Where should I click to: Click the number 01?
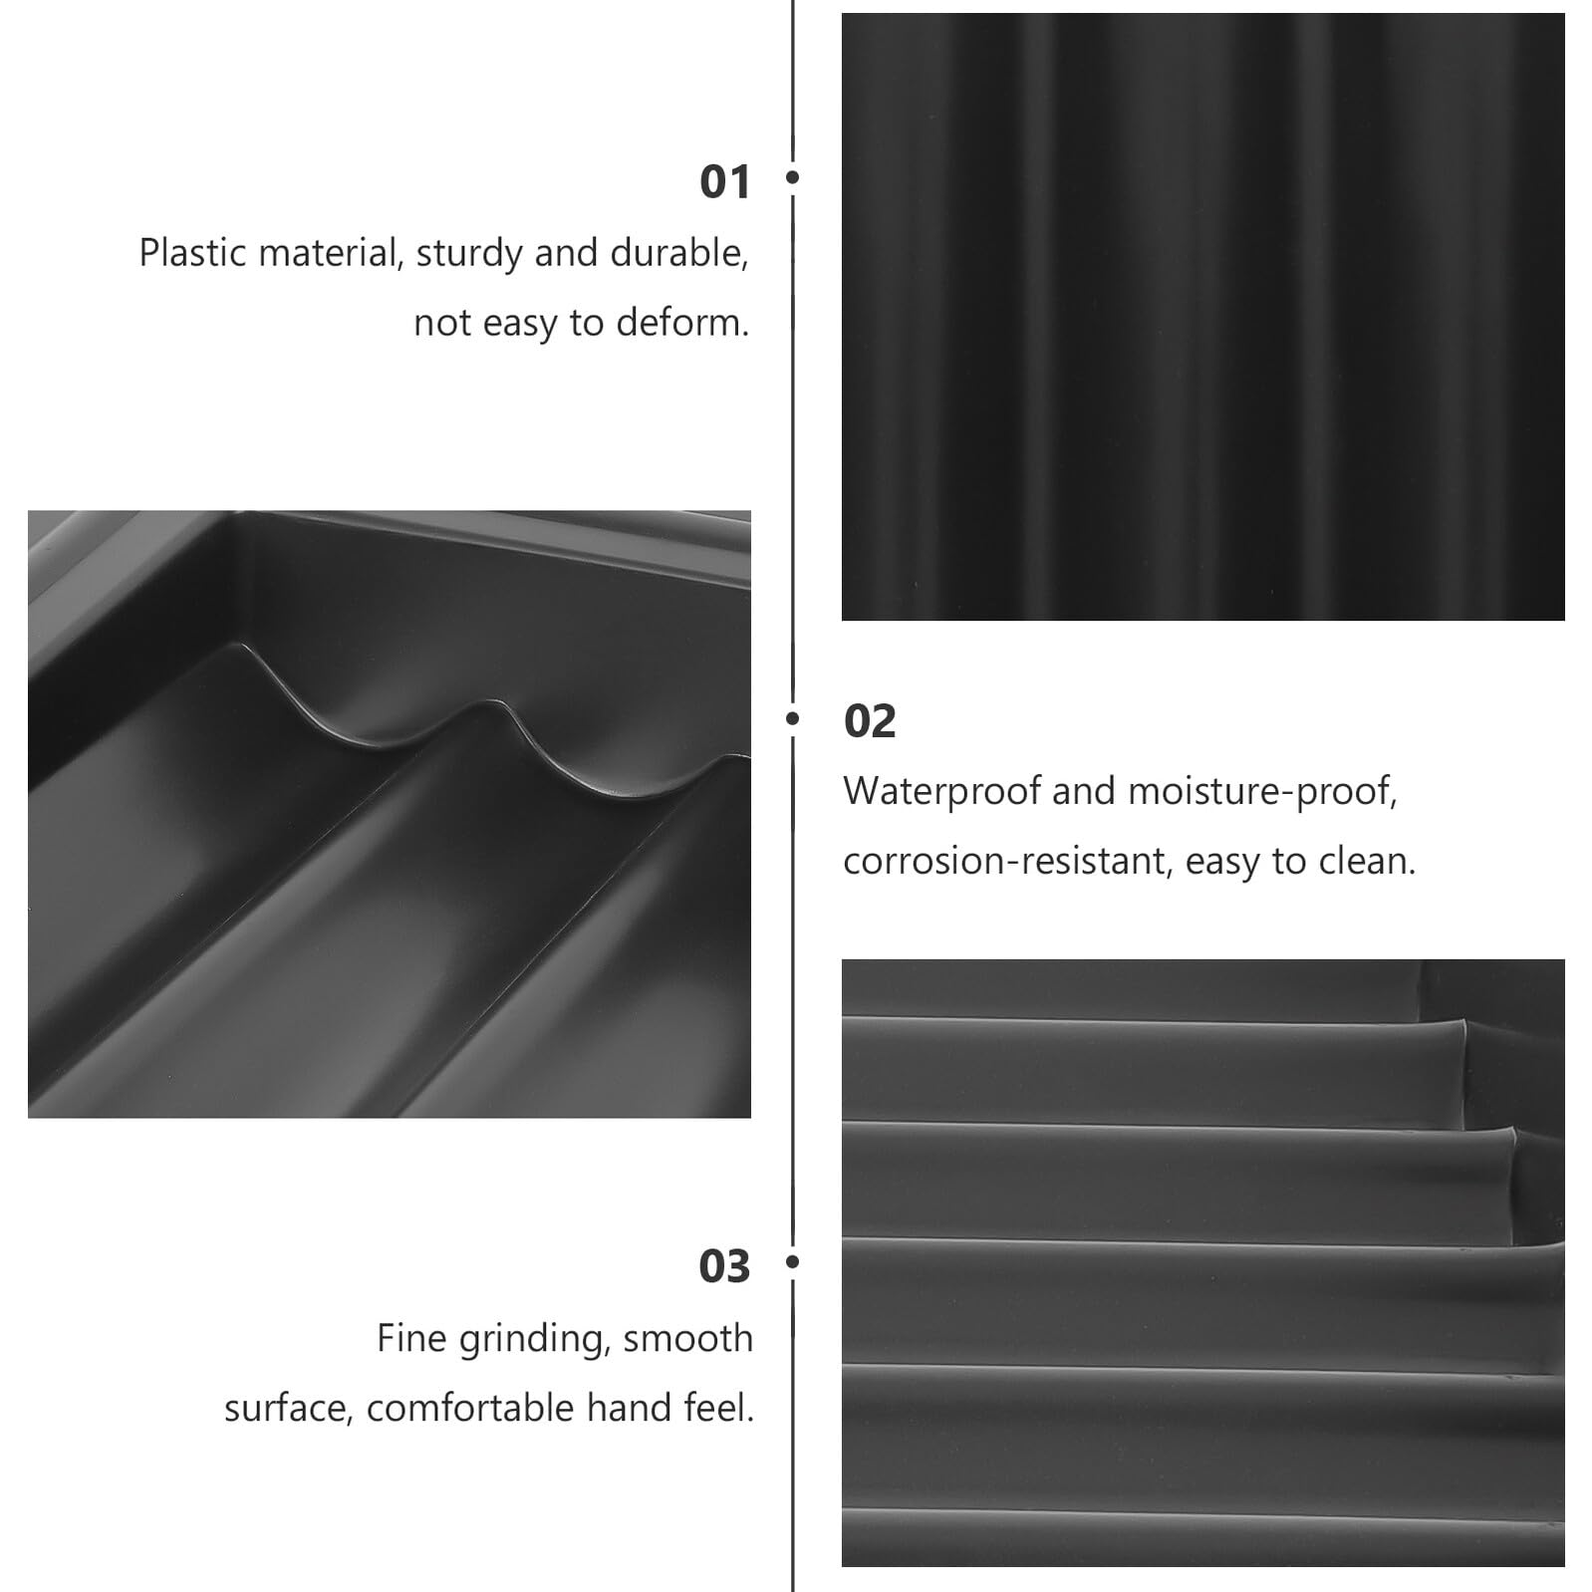click(x=724, y=182)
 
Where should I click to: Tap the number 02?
click(x=870, y=721)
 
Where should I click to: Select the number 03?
click(x=724, y=1266)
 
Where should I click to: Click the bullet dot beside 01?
click(x=793, y=177)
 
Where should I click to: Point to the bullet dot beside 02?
click(x=793, y=717)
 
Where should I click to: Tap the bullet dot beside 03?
click(x=793, y=1261)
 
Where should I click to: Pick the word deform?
click(x=682, y=323)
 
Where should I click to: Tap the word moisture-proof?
click(x=1263, y=792)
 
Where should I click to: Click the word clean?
click(x=1367, y=861)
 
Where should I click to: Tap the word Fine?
click(x=412, y=1338)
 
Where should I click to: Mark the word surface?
click(x=289, y=1409)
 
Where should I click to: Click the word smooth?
click(x=688, y=1338)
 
